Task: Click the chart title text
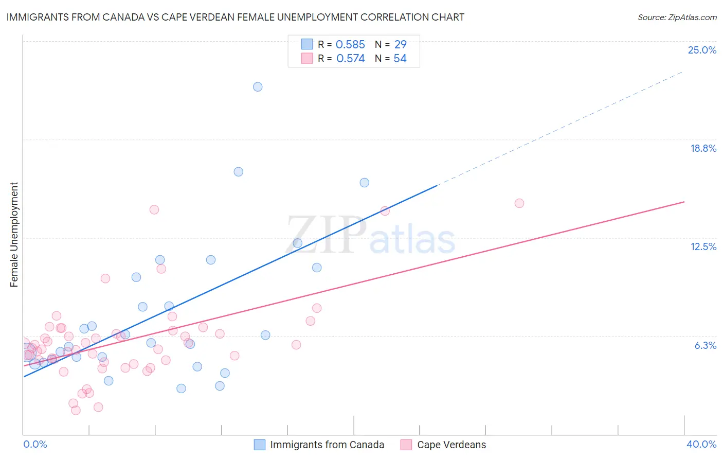[235, 17]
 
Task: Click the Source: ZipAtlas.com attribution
[677, 17]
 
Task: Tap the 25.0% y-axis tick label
[702, 50]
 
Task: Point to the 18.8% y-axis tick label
[703, 148]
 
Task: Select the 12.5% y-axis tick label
[703, 246]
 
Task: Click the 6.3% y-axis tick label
[705, 345]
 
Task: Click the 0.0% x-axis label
[35, 444]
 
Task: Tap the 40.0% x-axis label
[701, 444]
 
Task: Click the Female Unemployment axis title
[14, 234]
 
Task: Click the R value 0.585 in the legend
[350, 45]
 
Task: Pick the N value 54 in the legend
[400, 59]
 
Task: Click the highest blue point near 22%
[258, 86]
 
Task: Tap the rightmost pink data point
[519, 203]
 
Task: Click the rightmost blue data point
[365, 183]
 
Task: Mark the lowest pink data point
[76, 410]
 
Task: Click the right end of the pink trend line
[684, 202]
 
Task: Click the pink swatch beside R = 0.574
[307, 58]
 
